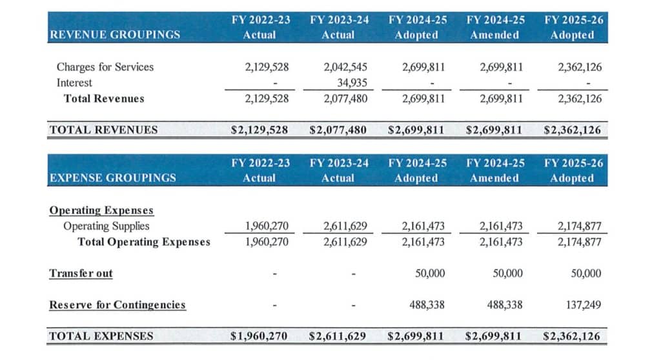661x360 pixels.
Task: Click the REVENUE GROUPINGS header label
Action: coord(114,35)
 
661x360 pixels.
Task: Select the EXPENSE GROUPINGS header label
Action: coord(112,177)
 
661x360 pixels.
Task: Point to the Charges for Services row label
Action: coord(105,66)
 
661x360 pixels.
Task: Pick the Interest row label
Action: coord(74,83)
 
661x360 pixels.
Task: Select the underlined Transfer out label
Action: coord(81,273)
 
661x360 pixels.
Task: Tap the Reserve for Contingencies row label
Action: coord(117,305)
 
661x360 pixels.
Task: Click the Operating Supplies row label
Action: coord(107,226)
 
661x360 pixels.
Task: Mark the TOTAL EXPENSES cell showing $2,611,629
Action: coord(338,335)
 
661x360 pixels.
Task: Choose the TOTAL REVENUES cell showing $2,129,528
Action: coord(259,130)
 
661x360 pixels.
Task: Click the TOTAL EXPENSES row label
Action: coord(101,335)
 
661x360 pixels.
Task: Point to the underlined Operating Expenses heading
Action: coord(101,210)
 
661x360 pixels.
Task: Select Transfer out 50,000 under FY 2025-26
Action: coord(586,273)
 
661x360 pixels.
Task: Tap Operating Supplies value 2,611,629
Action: coord(345,226)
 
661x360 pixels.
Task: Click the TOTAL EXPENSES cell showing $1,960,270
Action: coord(259,335)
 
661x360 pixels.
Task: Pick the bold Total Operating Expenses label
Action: coord(144,242)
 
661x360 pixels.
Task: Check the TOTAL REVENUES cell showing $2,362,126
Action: coord(573,130)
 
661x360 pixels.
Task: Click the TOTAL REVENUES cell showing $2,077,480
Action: coord(338,130)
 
